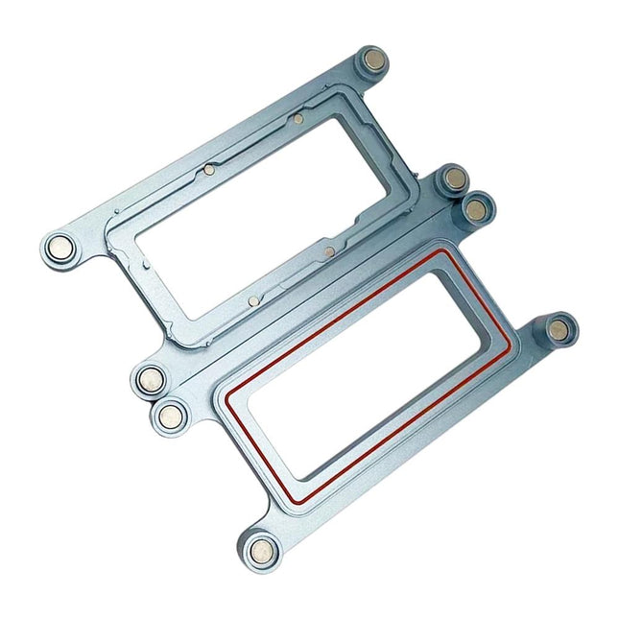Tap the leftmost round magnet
tap(60, 249)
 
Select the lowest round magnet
tap(259, 551)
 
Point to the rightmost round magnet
tap(558, 328)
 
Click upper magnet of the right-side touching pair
tap(454, 179)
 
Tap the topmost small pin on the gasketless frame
tap(298, 119)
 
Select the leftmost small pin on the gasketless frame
tap(209, 171)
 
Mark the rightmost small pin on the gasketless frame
tap(329, 251)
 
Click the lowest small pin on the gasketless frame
tap(252, 300)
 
